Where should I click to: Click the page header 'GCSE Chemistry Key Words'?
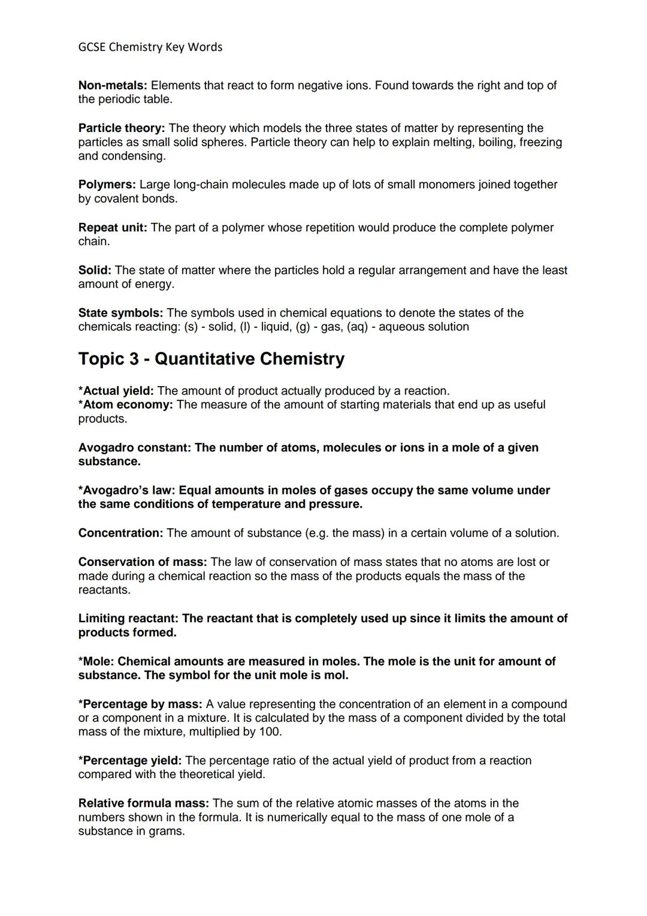tap(150, 47)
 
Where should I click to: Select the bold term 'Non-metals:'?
tap(113, 86)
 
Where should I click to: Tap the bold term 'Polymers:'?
tap(107, 185)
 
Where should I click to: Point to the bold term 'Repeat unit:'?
tap(113, 228)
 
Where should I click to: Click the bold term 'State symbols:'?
tap(120, 313)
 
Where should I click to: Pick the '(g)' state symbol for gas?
tap(303, 327)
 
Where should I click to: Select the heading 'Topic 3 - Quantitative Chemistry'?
tap(211, 358)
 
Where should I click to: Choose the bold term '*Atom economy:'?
tap(125, 405)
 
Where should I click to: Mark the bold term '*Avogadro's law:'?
tap(126, 490)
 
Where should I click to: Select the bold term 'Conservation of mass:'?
tap(143, 562)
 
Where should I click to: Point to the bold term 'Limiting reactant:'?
tap(128, 618)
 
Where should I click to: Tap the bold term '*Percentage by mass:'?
tap(140, 704)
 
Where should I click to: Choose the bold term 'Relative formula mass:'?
tap(144, 803)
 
